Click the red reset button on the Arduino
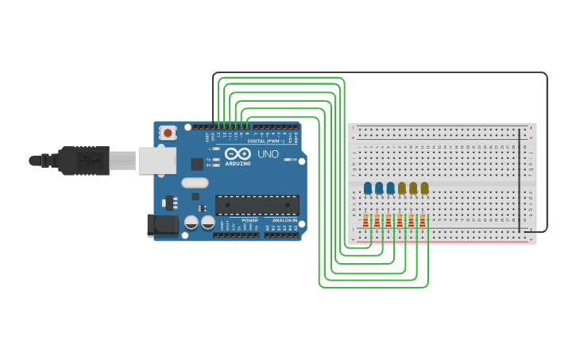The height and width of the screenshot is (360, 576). (x=168, y=134)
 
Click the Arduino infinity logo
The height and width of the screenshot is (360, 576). (x=236, y=154)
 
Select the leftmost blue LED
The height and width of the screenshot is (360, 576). (x=368, y=188)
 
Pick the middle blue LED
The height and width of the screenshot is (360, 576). (x=379, y=188)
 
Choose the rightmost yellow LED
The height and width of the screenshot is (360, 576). (x=424, y=188)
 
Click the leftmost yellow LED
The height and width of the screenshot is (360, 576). (x=402, y=188)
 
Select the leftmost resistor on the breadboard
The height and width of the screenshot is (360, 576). (x=365, y=222)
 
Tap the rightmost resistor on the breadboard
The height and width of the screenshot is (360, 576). (x=423, y=222)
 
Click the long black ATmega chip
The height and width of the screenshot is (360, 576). (x=257, y=205)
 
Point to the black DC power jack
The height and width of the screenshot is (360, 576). (x=163, y=225)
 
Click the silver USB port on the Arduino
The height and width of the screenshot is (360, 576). (x=157, y=160)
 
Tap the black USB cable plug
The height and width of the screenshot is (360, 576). (x=83, y=161)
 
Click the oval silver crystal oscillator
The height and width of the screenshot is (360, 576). (x=195, y=183)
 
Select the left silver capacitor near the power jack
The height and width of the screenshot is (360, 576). (x=191, y=223)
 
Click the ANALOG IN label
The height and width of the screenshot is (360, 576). (x=284, y=220)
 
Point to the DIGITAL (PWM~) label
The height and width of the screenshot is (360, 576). (x=265, y=141)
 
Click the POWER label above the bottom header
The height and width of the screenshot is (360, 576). (x=249, y=220)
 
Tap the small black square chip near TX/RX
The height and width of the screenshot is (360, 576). (x=196, y=165)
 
